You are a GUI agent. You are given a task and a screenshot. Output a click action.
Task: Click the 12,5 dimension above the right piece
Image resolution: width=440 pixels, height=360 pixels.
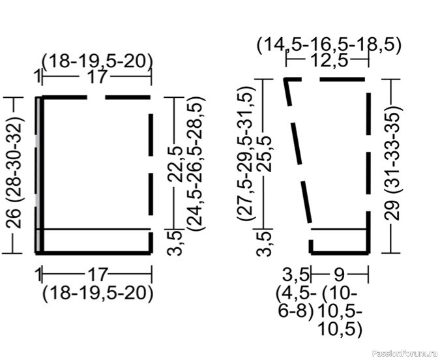(327, 60)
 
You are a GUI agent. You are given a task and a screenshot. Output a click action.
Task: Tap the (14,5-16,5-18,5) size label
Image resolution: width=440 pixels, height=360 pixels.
(329, 45)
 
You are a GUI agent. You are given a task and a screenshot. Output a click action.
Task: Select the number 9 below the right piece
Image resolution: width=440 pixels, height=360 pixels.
(339, 275)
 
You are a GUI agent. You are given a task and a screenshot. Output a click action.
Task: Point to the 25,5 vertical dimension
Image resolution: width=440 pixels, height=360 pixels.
(265, 154)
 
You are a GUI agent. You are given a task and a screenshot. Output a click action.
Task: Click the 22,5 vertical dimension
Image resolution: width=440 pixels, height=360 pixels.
(175, 164)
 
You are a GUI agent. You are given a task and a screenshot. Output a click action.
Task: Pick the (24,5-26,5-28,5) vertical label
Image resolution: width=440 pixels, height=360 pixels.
(198, 164)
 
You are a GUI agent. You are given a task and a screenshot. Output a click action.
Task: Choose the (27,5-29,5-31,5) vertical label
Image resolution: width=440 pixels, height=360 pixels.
(246, 153)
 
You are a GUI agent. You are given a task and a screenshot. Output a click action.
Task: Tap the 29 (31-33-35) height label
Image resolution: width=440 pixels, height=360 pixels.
(392, 162)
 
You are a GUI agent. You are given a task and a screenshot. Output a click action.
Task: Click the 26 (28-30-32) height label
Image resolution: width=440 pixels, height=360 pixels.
(14, 172)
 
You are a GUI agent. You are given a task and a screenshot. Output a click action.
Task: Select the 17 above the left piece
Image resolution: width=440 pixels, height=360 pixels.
(97, 76)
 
